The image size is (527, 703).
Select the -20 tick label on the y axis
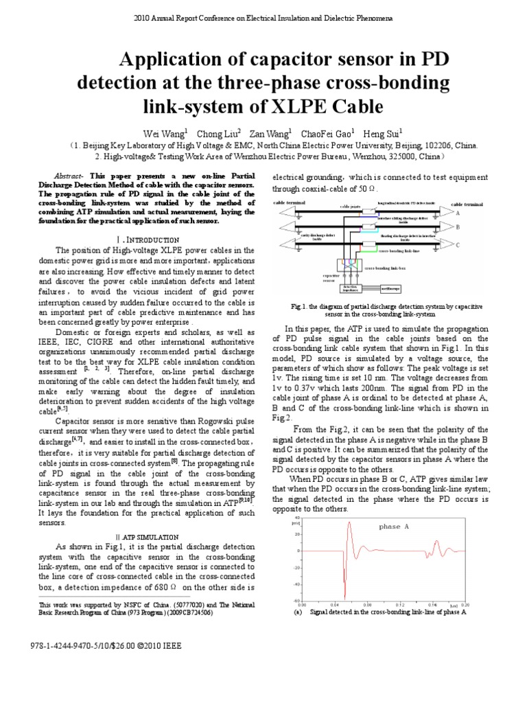(298, 568)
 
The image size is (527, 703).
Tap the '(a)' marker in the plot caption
(297, 611)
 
